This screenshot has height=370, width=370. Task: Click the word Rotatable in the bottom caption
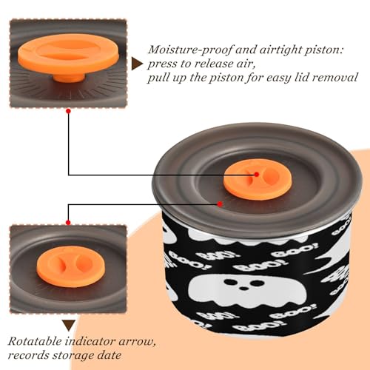coord(36,341)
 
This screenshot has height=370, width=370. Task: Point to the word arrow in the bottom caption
coord(138,342)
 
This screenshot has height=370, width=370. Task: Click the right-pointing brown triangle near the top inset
coord(137,64)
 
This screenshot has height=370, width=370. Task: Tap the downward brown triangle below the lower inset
coord(69,326)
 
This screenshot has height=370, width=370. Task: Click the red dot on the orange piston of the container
coord(257,175)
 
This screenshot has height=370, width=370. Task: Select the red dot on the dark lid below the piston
coord(220,204)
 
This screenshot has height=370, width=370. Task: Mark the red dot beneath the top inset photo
coord(69,111)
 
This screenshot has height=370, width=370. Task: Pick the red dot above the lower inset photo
coord(68,223)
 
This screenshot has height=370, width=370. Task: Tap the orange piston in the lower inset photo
coord(71,266)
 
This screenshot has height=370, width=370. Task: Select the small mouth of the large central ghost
coord(243,288)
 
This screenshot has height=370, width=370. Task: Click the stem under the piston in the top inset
coord(69,78)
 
